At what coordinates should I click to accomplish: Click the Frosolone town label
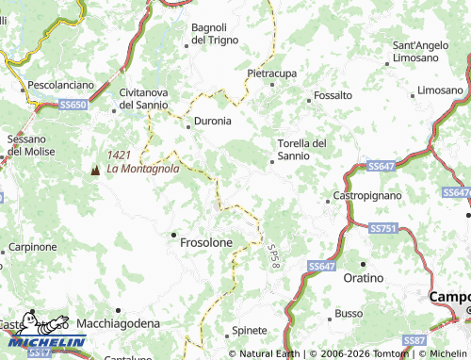coord(205,242)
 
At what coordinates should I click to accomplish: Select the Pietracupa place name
coord(273,73)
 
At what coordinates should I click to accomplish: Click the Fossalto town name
coord(333,96)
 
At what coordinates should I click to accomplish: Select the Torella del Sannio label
coord(301,149)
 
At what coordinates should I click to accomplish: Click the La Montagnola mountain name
coord(142,170)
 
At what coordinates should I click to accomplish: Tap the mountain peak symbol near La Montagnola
coord(94,170)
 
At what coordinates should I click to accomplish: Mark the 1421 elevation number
coord(120,155)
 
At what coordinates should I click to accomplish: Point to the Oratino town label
coord(364,279)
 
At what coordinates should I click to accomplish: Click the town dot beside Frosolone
coord(172,234)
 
